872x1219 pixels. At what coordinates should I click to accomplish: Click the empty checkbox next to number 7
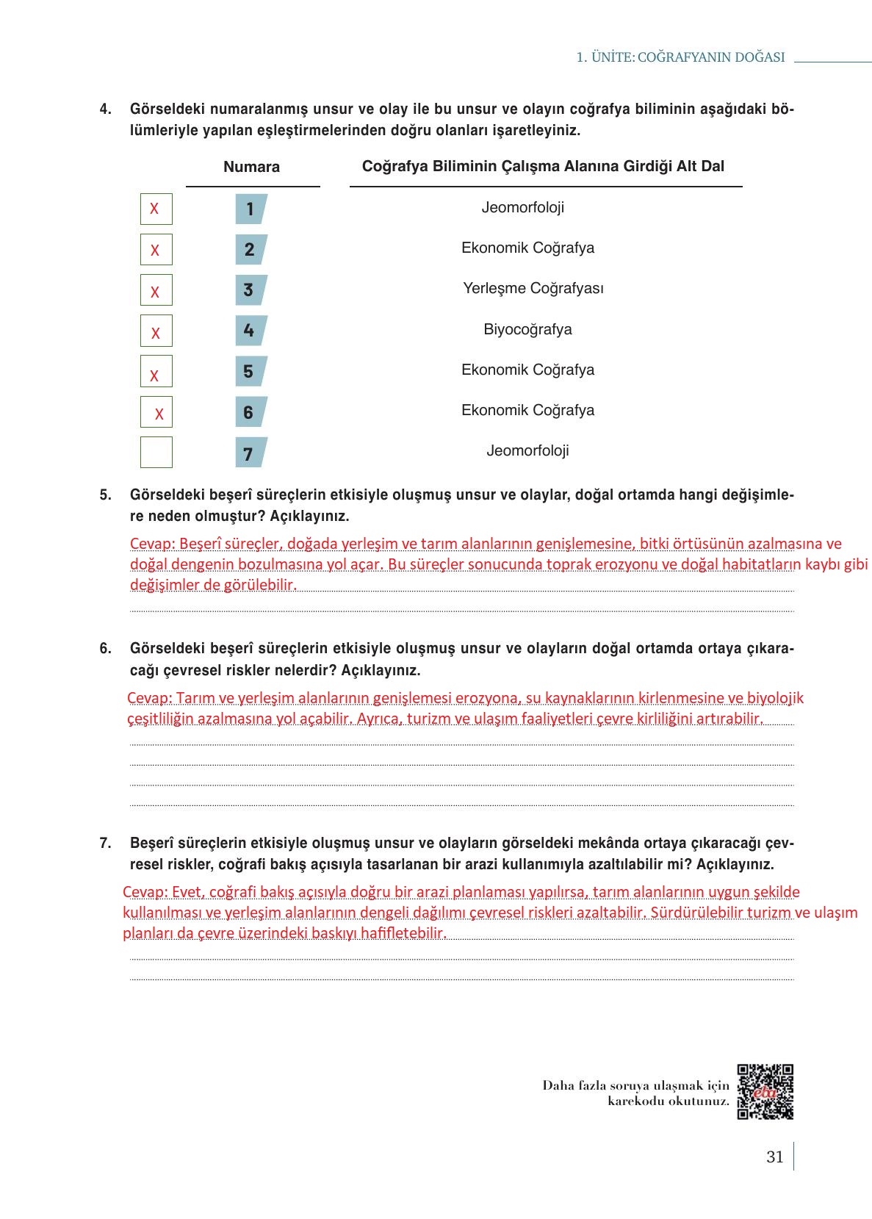pos(156,452)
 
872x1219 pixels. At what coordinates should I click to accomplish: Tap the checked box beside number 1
pos(156,209)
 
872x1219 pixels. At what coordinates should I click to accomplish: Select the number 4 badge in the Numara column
pos(250,331)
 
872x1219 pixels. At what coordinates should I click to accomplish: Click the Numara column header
pos(251,167)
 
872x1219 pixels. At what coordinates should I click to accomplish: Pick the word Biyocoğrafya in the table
pos(527,329)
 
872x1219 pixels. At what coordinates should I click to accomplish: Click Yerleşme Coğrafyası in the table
pos(533,288)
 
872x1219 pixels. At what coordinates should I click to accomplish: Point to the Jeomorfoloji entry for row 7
pos(527,450)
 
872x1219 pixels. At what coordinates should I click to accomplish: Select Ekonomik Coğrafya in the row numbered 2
pos(527,248)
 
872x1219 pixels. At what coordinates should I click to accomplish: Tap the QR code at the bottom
pos(765,1091)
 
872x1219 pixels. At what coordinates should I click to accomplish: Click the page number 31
pos(774,1157)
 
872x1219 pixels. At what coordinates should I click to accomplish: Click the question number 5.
pos(105,495)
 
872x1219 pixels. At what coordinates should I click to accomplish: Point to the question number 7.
pos(105,843)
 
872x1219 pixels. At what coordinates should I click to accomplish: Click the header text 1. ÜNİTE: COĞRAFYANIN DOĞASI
pos(680,57)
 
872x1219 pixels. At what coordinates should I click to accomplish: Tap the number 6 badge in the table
pos(250,412)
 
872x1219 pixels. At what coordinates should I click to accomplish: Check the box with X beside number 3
pos(156,290)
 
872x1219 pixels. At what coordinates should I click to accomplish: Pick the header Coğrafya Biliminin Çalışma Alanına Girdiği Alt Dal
pos(543,166)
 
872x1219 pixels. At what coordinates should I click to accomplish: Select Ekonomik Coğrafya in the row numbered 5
pos(527,370)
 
